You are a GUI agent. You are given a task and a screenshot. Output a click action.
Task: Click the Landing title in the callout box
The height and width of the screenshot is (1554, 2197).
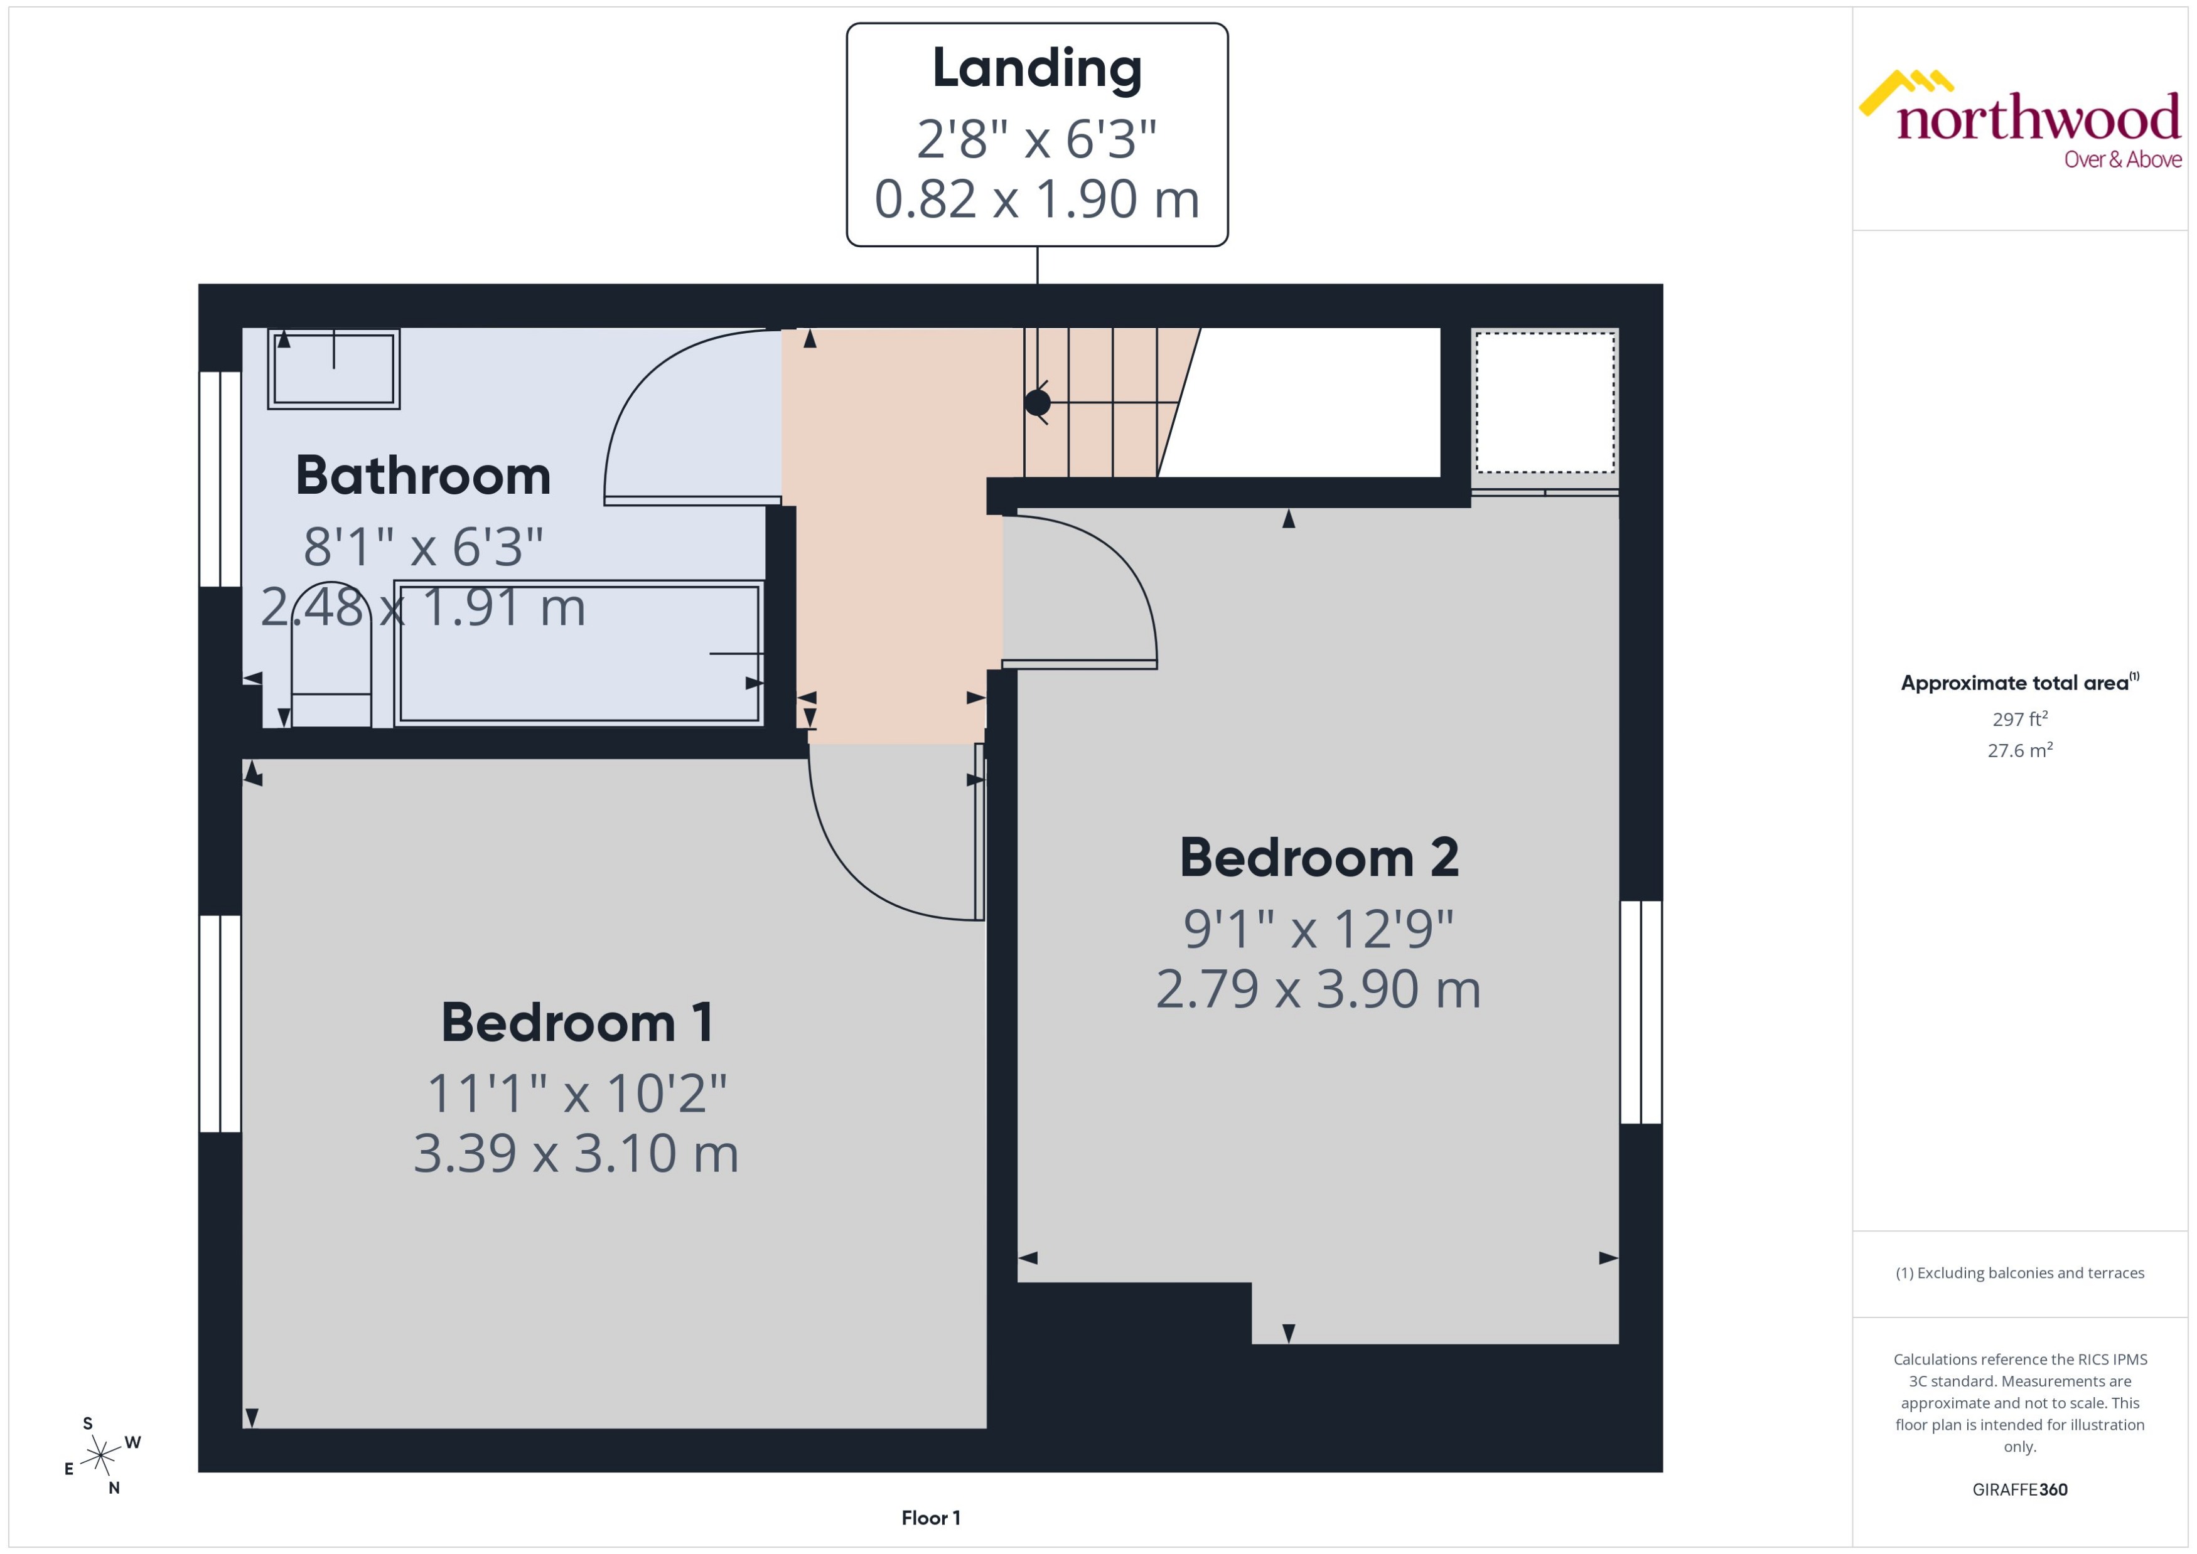(x=1037, y=69)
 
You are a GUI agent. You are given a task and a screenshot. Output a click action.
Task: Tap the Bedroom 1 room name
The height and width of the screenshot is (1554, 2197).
(x=576, y=1022)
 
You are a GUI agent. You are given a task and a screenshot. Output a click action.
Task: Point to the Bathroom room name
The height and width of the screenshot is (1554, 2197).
(x=423, y=476)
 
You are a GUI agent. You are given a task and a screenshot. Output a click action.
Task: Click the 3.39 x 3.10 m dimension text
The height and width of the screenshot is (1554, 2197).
(x=576, y=1153)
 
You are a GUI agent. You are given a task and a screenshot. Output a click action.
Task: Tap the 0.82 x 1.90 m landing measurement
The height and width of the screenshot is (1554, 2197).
(x=1037, y=199)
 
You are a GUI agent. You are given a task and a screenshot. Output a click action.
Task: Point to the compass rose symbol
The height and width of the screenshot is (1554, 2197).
(x=100, y=1456)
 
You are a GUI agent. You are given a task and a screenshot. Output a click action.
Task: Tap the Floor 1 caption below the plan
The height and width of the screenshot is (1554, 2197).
(x=930, y=1518)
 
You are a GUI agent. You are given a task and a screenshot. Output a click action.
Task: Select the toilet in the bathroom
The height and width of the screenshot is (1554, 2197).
(x=331, y=660)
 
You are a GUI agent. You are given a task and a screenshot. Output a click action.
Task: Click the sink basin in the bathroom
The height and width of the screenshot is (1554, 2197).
(x=334, y=368)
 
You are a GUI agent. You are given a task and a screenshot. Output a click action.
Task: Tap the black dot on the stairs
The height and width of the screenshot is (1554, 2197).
(x=1037, y=403)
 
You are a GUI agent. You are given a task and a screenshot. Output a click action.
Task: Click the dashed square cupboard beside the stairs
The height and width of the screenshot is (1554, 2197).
(x=1544, y=403)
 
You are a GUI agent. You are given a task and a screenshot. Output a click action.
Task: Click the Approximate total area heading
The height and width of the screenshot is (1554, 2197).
(x=2015, y=683)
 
